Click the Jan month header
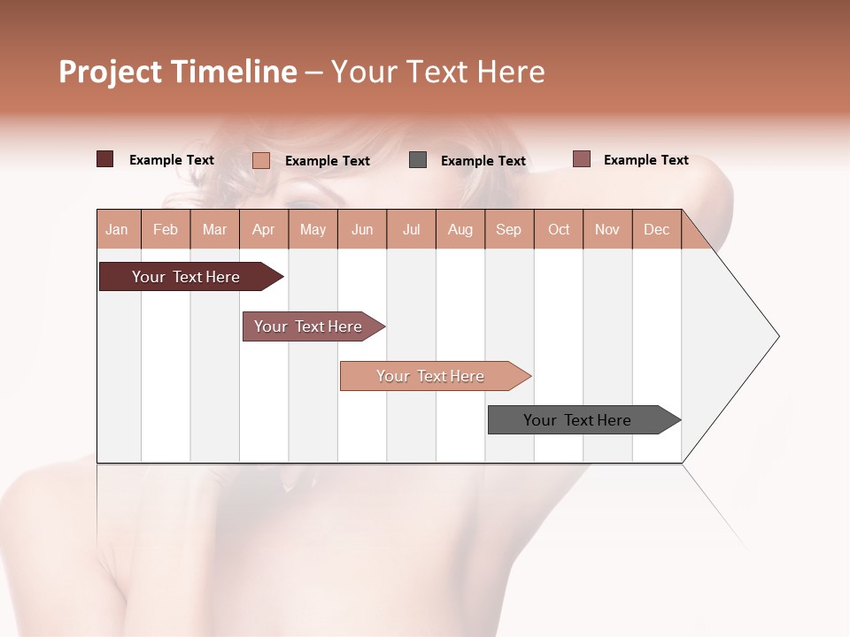118,229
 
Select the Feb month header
166,229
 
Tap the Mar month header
214,229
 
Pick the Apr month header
264,229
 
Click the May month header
313,229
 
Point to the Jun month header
362,229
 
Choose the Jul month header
411,229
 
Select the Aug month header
460,229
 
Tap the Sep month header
509,229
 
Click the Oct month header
559,229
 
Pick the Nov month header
607,229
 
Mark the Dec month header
657,229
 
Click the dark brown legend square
104,159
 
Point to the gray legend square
418,160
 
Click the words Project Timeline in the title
177,72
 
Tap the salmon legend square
261,160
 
